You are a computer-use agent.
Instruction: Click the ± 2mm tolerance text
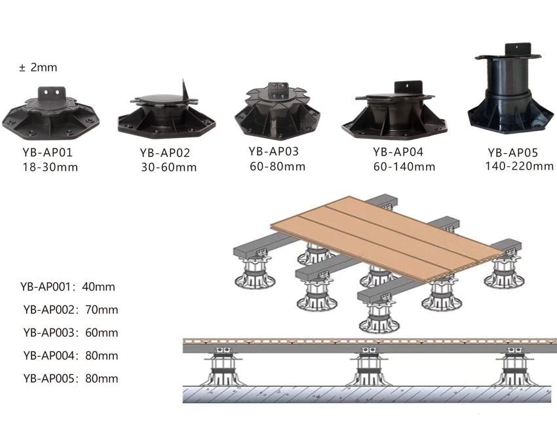tap(38, 67)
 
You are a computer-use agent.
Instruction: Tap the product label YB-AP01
tap(48, 152)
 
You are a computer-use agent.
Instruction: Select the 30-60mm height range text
tap(168, 167)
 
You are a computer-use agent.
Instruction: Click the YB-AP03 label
tap(273, 151)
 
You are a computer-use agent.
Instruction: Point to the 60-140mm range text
tap(404, 166)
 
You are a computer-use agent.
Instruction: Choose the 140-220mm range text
tap(519, 166)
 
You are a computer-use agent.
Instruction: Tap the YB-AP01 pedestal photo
tap(51, 113)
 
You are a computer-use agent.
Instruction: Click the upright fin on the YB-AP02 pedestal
tap(185, 91)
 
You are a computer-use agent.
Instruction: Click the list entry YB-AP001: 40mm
tap(67, 287)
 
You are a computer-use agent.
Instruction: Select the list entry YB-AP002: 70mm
tap(70, 309)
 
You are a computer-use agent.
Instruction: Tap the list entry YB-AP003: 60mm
tap(70, 332)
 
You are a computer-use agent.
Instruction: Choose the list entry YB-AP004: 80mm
tap(70, 355)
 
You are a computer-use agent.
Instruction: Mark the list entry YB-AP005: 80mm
tap(70, 378)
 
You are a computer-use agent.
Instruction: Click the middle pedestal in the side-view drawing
tap(369, 368)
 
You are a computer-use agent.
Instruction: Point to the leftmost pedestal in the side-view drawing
tap(222, 368)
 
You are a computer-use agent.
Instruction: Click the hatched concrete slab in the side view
tap(370, 394)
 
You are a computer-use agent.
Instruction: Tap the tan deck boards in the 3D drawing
tap(387, 239)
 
